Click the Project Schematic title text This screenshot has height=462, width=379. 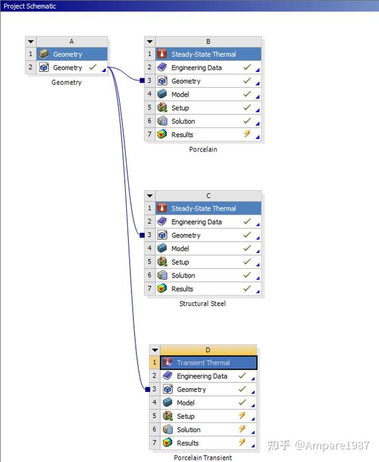[30, 6]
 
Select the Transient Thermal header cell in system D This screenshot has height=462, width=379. [203, 363]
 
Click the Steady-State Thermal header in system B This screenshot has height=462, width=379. [203, 54]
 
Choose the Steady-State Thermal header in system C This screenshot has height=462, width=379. [203, 208]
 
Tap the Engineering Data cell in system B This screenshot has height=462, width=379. [196, 68]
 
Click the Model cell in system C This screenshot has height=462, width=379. [180, 249]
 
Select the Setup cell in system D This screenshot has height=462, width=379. [186, 417]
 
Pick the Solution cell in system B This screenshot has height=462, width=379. [183, 121]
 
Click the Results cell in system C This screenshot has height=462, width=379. [182, 289]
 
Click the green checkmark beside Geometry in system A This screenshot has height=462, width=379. [93, 67]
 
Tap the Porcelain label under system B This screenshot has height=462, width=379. [203, 150]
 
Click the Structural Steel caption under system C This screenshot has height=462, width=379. [202, 304]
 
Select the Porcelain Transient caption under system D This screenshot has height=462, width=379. [203, 458]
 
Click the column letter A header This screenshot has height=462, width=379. [71, 41]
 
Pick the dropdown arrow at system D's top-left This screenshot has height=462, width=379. [154, 350]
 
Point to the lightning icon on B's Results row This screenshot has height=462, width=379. [247, 134]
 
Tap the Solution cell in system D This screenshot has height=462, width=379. [188, 430]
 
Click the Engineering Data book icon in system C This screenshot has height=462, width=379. [162, 222]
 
